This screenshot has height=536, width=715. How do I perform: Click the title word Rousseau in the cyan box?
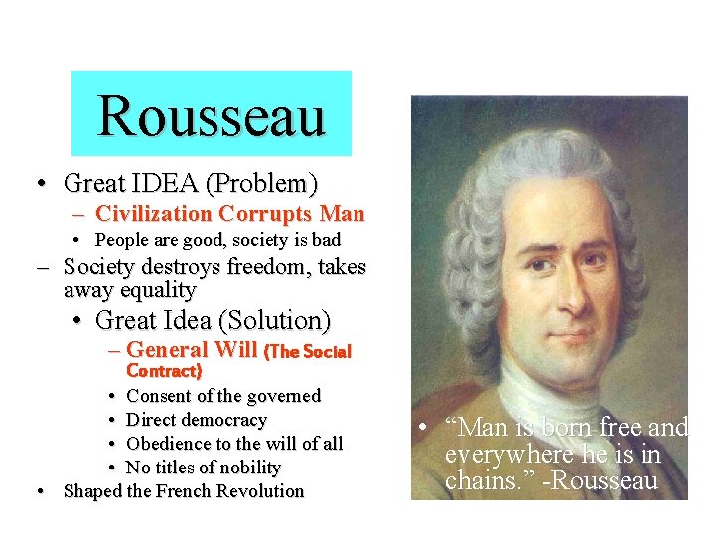click(212, 115)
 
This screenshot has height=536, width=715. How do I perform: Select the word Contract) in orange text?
click(164, 371)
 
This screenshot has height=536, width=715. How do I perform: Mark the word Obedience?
click(170, 444)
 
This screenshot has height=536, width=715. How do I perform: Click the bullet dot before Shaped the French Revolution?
click(39, 491)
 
